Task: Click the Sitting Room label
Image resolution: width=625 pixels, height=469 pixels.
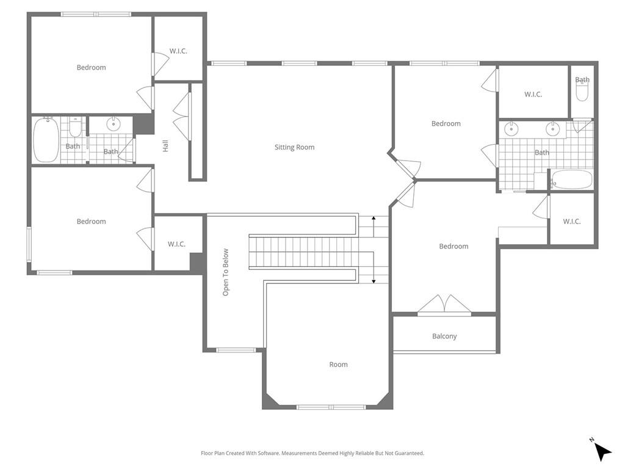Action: pyautogui.click(x=294, y=147)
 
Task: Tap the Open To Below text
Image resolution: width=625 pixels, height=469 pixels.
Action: pyautogui.click(x=226, y=272)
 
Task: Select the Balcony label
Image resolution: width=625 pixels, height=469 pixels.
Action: pyautogui.click(x=444, y=336)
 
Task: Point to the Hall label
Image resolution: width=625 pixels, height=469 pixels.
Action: pyautogui.click(x=165, y=146)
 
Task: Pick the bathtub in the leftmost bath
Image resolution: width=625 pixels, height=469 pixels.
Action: pyautogui.click(x=46, y=140)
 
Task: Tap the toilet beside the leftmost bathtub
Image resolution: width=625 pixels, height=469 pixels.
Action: pyautogui.click(x=76, y=128)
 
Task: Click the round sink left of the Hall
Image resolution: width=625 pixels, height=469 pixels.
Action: pyautogui.click(x=114, y=124)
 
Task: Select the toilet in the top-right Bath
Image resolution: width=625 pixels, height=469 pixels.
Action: pyautogui.click(x=582, y=92)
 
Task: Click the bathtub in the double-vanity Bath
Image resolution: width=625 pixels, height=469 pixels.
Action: pyautogui.click(x=572, y=180)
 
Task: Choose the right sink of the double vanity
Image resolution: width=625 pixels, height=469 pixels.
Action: pyautogui.click(x=553, y=129)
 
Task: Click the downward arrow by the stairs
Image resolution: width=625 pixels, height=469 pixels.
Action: pyautogui.click(x=374, y=278)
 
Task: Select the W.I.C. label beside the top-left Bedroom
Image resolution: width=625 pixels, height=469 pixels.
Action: pyautogui.click(x=178, y=51)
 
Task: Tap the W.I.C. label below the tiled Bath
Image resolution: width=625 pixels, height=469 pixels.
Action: pyautogui.click(x=572, y=221)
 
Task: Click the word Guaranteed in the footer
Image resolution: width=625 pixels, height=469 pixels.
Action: pyautogui.click(x=406, y=453)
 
